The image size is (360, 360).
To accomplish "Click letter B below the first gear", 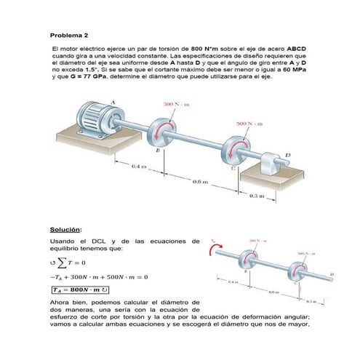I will pos(158,150).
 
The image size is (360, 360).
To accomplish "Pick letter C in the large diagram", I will pos(233,168).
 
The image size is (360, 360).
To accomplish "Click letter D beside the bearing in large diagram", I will pos(287,154).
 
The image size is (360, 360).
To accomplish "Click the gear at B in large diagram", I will pos(161,131).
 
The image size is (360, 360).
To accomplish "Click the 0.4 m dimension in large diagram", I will pos(138,166).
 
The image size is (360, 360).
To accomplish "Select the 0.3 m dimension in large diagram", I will pos(257,196).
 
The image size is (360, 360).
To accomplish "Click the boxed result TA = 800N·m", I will pos(84,288).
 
